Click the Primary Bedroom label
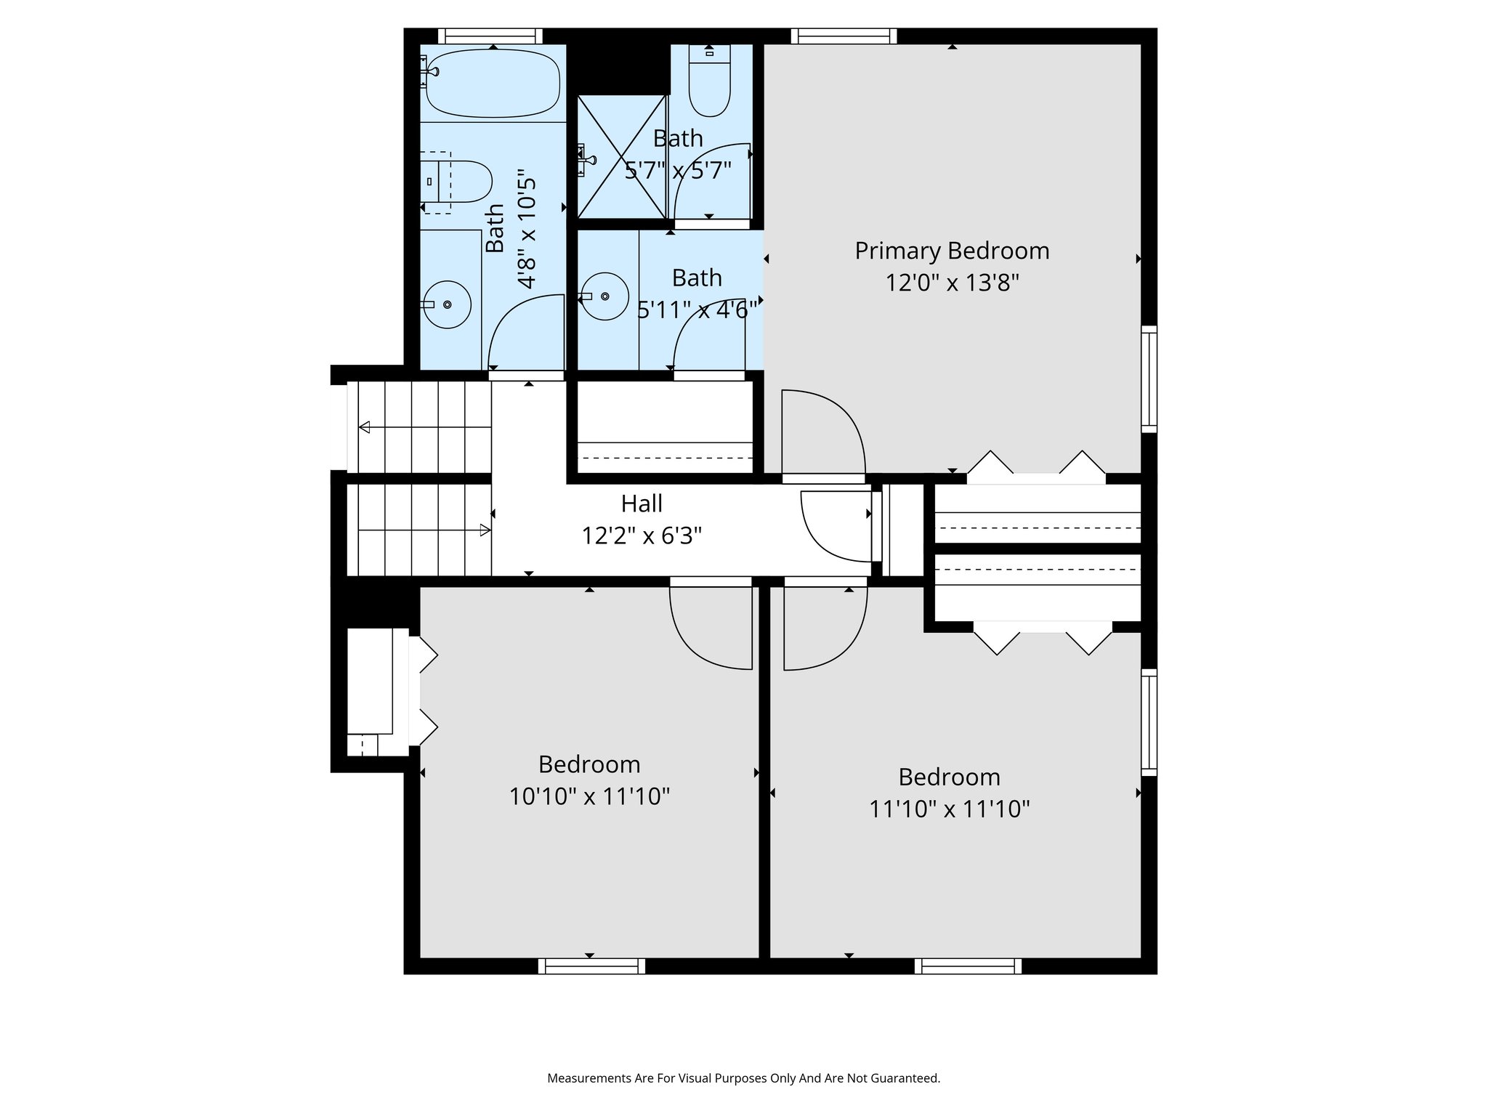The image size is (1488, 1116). pos(952,251)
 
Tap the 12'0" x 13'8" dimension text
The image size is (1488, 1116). pos(952,283)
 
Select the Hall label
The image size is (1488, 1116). pos(642,504)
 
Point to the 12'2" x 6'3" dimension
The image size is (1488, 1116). pos(642,536)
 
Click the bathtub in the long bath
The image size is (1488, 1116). pos(493,83)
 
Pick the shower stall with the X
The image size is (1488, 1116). pos(621,156)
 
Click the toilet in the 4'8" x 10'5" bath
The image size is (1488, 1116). pos(458,182)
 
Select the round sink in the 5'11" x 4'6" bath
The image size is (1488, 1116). pos(605,296)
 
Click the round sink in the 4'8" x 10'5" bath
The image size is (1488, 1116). pos(448,304)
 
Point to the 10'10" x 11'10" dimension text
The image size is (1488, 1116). pos(589,797)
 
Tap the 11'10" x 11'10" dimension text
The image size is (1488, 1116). pos(950,809)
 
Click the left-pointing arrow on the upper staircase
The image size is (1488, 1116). pos(365,427)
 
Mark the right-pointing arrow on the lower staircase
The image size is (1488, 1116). pos(485,530)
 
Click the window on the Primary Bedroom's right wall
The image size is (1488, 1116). pos(1149,379)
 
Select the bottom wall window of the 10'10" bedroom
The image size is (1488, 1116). pos(591,966)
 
